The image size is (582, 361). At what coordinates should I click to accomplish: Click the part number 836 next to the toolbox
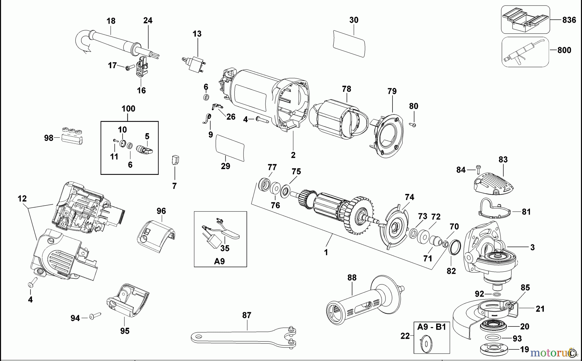[x=569, y=20]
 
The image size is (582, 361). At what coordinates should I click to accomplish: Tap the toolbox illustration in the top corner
[x=525, y=20]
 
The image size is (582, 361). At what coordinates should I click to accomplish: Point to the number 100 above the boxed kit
[x=128, y=109]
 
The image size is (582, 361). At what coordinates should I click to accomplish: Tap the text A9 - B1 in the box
[x=431, y=327]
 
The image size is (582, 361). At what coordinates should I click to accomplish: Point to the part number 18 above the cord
[x=111, y=21]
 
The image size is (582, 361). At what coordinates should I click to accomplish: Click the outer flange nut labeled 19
[x=497, y=349]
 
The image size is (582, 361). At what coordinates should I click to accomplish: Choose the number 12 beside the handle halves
[x=22, y=198]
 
